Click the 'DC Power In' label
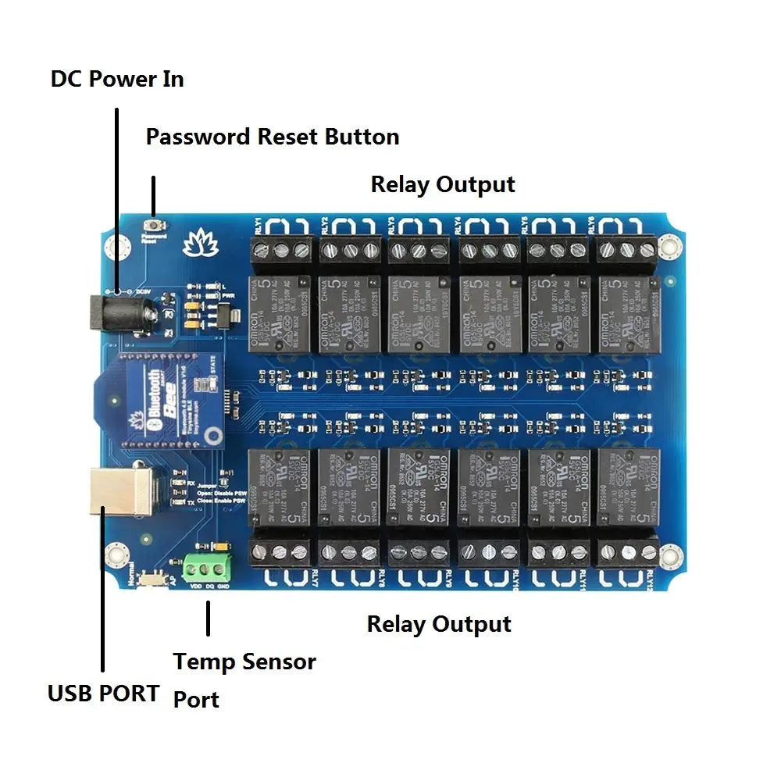[x=117, y=79]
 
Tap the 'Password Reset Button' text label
[x=273, y=137]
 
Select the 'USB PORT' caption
[x=103, y=693]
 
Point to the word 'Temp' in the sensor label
[x=201, y=662]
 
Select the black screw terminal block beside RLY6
[x=627, y=251]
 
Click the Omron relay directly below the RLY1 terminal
[x=280, y=312]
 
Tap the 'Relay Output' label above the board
[x=442, y=185]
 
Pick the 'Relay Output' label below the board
[x=439, y=624]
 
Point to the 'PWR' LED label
[x=228, y=296]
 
